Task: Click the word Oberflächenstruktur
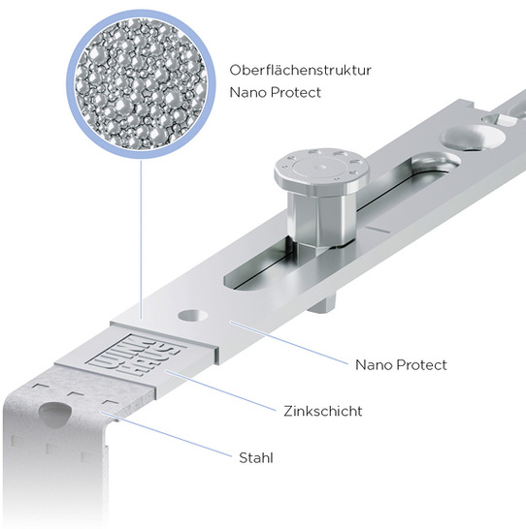pyautogui.click(x=300, y=70)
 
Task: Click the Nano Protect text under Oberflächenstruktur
pyautogui.click(x=275, y=92)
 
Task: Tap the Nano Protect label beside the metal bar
pyautogui.click(x=401, y=364)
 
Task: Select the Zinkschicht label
pyautogui.click(x=323, y=411)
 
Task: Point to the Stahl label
pyautogui.click(x=256, y=458)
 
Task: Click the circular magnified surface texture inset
pyautogui.click(x=141, y=84)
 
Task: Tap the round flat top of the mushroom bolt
pyautogui.click(x=321, y=167)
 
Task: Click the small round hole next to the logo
pyautogui.click(x=193, y=316)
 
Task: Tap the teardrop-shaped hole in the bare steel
pyautogui.click(x=54, y=414)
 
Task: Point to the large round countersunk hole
pyautogui.click(x=474, y=138)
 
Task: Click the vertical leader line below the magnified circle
pyautogui.click(x=142, y=239)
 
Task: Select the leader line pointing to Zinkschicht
pyautogui.click(x=220, y=390)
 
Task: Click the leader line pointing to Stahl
pyautogui.click(x=166, y=434)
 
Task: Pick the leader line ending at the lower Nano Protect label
pyautogui.click(x=289, y=343)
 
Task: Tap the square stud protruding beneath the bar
pyautogui.click(x=322, y=302)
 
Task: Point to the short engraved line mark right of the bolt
pyautogui.click(x=378, y=230)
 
